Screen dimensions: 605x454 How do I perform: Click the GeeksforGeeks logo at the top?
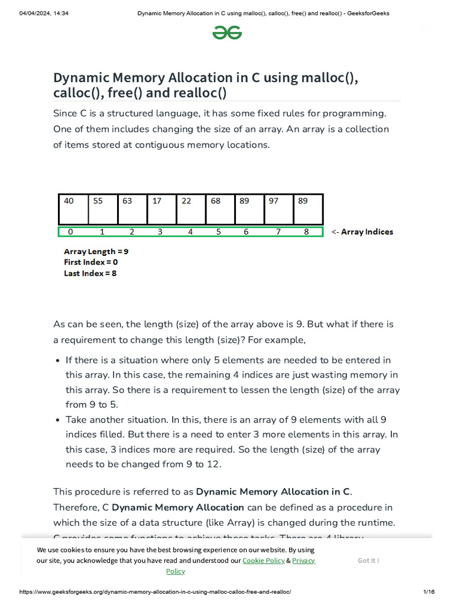click(x=227, y=33)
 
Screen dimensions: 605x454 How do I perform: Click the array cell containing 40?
click(x=73, y=209)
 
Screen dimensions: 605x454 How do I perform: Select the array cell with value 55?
click(x=103, y=209)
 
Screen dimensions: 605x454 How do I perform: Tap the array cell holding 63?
click(x=132, y=209)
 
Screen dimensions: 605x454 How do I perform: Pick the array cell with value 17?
click(x=161, y=209)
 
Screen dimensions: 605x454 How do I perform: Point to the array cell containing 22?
click(x=191, y=209)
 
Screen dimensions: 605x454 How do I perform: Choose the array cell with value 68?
click(x=220, y=209)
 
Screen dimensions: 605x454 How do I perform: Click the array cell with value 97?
click(x=278, y=209)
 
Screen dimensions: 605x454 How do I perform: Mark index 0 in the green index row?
click(x=70, y=232)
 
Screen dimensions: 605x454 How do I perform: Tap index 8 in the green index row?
click(x=306, y=232)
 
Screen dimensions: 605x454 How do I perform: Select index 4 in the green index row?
click(x=190, y=232)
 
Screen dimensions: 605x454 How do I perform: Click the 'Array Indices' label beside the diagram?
click(x=367, y=232)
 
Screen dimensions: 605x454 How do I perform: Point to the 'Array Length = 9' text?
click(x=96, y=251)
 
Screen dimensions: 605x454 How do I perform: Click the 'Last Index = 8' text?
click(x=90, y=274)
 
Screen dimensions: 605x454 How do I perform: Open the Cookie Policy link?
click(x=263, y=560)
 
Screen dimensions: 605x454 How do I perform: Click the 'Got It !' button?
click(x=368, y=560)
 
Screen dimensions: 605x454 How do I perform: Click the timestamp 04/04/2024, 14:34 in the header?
click(x=44, y=14)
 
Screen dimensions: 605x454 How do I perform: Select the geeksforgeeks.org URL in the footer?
click(x=155, y=592)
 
